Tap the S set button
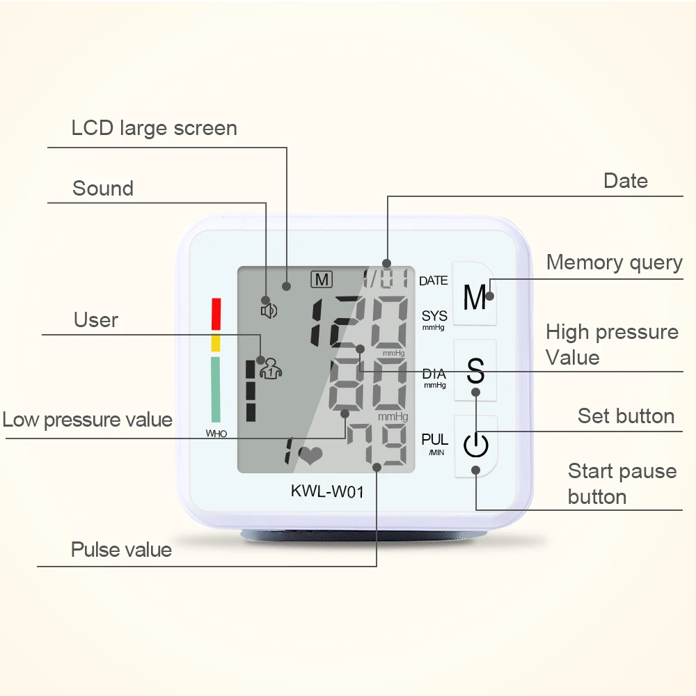pos(475,370)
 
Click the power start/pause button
pos(476,446)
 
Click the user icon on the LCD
pos(269,367)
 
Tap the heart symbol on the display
pos(310,455)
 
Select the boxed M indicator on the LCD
pos(322,280)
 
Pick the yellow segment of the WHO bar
pos(216,342)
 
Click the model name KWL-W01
pos(327,491)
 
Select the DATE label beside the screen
pos(434,281)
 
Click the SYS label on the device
pos(434,317)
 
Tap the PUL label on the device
pos(435,440)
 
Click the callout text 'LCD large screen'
pos(154,129)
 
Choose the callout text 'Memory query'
pos(614,262)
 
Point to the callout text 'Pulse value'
pos(121,550)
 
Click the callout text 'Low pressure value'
pos(87,420)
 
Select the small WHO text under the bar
pos(216,434)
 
